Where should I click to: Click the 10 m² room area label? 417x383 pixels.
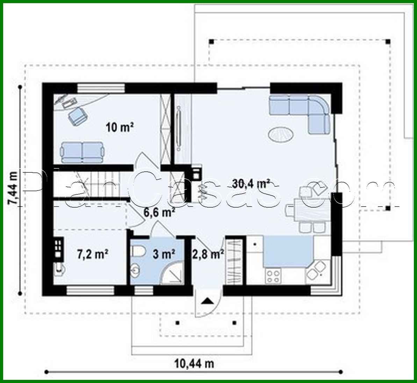point(120,127)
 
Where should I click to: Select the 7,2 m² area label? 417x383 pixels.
point(92,254)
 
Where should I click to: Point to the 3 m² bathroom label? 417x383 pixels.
point(164,254)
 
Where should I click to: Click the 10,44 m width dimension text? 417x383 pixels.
point(194,363)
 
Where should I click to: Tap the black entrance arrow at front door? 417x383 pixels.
point(207,301)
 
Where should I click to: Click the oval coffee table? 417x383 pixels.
point(281,134)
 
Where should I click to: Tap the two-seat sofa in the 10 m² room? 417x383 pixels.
point(82,152)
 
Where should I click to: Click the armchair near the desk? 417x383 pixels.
point(78,115)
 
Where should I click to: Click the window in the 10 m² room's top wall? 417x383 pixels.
point(101,88)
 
